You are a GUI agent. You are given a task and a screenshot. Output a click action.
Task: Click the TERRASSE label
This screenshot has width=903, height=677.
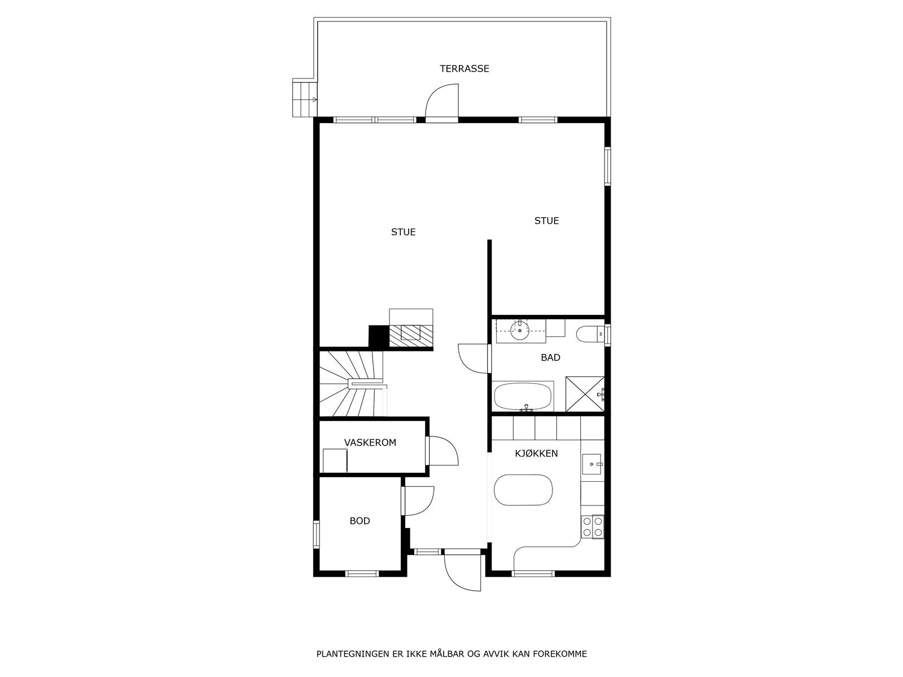tap(464, 69)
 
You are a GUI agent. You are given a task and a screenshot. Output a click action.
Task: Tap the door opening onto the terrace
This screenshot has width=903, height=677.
tap(442, 104)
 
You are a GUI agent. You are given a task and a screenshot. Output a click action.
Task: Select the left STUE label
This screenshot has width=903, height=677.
tap(403, 232)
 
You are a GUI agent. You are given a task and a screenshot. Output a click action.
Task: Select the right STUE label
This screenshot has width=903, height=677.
tap(546, 221)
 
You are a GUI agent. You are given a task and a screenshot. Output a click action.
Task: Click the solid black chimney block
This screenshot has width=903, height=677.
tap(378, 337)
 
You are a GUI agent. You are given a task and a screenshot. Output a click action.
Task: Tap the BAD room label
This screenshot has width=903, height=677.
tap(550, 357)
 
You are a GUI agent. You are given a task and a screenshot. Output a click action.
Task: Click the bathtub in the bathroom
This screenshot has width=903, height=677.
tap(523, 397)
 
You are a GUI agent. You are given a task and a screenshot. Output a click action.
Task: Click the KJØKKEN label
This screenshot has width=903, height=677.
tap(536, 454)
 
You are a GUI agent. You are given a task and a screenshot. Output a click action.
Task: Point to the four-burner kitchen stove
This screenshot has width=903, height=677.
tap(593, 526)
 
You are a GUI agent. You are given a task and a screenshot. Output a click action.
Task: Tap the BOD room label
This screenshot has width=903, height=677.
tap(360, 521)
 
